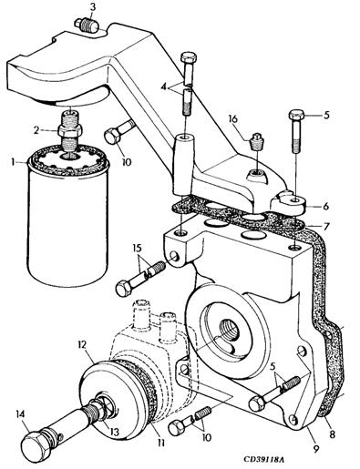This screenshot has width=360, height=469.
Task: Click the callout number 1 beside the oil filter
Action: pyautogui.click(x=13, y=162)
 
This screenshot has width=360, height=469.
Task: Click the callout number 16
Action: pyautogui.click(x=233, y=119)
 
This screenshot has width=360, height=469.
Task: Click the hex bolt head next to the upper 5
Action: pyautogui.click(x=296, y=116)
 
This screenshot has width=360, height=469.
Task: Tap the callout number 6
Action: pyautogui.click(x=325, y=206)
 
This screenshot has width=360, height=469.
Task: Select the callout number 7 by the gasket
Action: pyautogui.click(x=325, y=227)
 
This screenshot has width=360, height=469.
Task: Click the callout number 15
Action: pyautogui.click(x=137, y=249)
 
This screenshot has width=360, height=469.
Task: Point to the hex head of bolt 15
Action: pyautogui.click(x=124, y=290)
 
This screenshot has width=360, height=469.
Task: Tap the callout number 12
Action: pyautogui.click(x=82, y=344)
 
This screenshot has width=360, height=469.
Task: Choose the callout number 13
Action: pyautogui.click(x=114, y=432)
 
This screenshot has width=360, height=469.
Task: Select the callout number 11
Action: pyautogui.click(x=161, y=443)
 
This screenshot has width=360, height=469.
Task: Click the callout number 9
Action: pyautogui.click(x=316, y=448)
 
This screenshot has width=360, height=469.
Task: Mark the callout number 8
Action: pyautogui.click(x=333, y=434)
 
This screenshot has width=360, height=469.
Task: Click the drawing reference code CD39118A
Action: pyautogui.click(x=263, y=459)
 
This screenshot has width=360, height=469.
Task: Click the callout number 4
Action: pyautogui.click(x=164, y=87)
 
